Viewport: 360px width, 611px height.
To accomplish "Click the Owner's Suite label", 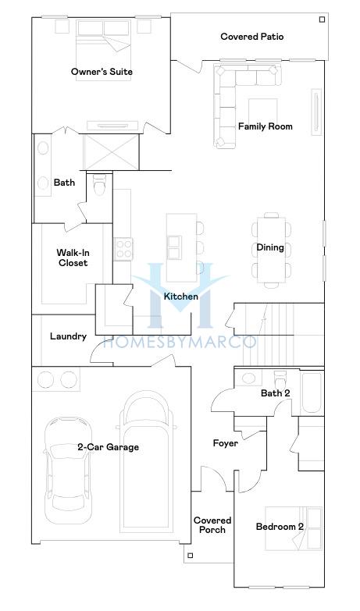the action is click(102, 72).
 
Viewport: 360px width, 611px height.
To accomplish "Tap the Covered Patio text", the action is click(252, 37).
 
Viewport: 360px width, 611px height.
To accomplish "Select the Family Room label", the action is click(266, 126).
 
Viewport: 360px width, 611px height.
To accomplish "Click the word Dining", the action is click(270, 247).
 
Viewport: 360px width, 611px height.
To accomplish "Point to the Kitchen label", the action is click(181, 297).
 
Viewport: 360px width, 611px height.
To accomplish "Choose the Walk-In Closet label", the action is click(73, 258).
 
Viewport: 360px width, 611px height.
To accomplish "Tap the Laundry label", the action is click(68, 336).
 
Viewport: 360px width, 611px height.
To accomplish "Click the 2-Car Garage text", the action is click(108, 447).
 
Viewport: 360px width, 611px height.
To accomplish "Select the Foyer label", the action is click(226, 443).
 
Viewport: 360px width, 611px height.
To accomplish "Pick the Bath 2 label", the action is click(276, 393).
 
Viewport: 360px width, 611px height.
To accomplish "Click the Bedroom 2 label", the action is click(280, 527).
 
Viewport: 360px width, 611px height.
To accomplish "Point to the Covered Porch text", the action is click(212, 525).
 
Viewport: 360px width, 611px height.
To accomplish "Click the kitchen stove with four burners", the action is click(123, 250).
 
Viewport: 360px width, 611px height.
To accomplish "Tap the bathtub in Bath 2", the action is click(312, 393).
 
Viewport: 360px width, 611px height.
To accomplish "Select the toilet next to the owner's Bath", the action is click(99, 186).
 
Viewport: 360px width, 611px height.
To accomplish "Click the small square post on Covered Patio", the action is click(322, 19).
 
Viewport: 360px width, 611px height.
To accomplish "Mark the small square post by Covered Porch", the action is click(190, 556).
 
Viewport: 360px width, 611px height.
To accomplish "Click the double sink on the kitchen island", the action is click(174, 247).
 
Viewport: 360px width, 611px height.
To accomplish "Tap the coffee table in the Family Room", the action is click(263, 111).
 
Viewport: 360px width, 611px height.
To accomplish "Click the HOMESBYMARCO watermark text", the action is click(180, 342).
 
